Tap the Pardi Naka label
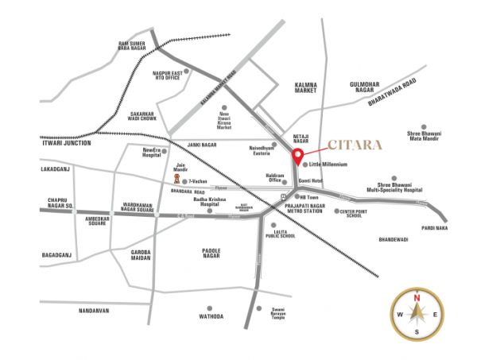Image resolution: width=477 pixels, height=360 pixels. pyautogui.click(x=436, y=228)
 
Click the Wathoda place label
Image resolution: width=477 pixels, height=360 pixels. pyautogui.click(x=210, y=316)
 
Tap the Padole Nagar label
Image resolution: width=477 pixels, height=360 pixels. pyautogui.click(x=211, y=255)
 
